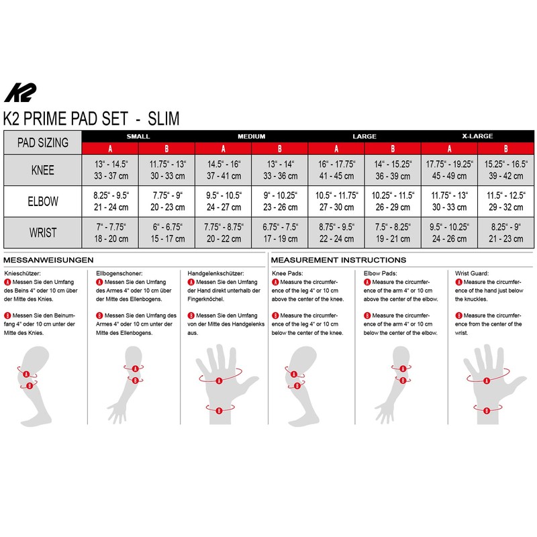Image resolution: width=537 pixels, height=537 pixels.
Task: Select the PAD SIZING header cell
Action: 42,142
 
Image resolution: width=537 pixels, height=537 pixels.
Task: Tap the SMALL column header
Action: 138,136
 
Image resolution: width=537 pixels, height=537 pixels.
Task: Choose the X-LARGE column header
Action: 477,136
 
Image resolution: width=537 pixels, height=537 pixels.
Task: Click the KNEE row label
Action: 42,170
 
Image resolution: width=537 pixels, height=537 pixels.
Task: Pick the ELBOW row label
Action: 42,201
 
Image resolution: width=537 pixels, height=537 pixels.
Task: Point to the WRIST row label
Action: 42,233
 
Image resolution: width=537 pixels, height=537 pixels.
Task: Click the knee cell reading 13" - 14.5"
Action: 109,170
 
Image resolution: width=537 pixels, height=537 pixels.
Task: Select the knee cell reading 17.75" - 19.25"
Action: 449,170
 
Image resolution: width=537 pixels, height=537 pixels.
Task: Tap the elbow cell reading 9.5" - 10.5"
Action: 223,201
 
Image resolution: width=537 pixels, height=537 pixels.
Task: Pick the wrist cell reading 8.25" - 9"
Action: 506,233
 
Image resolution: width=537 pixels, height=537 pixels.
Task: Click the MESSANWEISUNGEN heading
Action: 48,260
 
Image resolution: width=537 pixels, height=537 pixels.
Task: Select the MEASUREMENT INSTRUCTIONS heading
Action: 338,260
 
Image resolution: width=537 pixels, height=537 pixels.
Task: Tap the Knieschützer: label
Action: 22,274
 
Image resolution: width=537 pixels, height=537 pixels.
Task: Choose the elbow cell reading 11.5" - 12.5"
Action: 506,201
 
